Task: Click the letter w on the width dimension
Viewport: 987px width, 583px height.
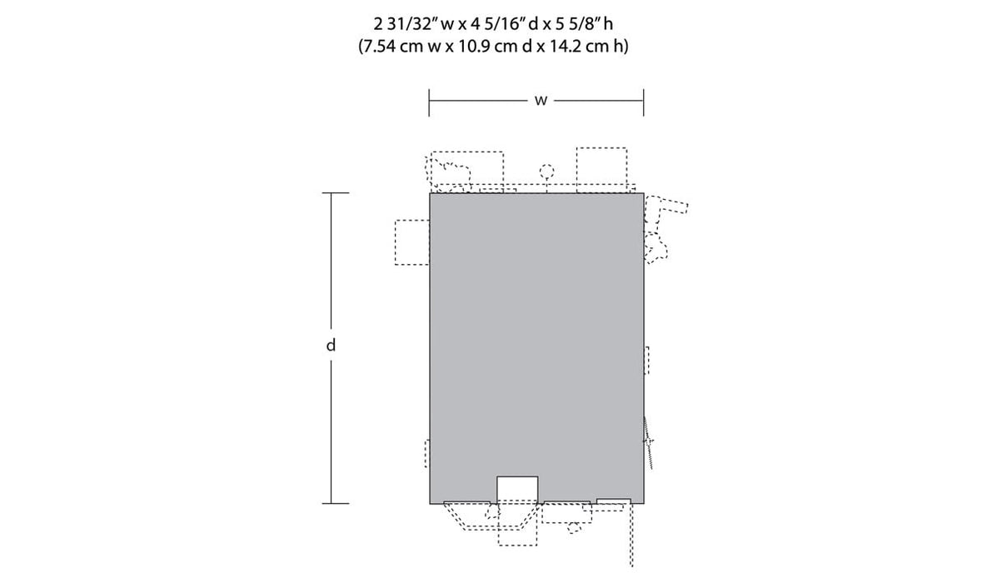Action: [541, 101]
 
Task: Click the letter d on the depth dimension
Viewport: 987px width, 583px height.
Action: [331, 345]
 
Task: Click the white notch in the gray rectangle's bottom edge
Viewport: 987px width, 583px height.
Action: [517, 490]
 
